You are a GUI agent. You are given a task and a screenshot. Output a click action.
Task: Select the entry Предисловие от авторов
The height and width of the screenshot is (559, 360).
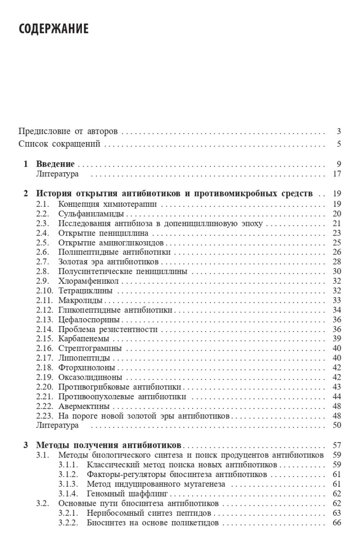[68, 131]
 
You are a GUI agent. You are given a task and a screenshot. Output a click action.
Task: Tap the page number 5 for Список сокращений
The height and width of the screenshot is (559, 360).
[340, 143]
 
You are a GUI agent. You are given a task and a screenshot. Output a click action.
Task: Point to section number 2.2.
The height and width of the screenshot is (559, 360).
[42, 214]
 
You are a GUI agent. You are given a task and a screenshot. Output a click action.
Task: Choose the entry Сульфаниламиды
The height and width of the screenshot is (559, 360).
[91, 214]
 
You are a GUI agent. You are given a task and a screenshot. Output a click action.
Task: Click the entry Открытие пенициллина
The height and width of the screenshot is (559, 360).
[103, 233]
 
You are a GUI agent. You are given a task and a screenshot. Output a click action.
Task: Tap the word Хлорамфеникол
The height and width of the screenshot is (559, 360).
[89, 281]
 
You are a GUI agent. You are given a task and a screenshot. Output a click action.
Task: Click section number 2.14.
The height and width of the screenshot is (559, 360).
[44, 329]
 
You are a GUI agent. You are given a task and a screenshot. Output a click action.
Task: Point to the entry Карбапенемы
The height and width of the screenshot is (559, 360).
[84, 338]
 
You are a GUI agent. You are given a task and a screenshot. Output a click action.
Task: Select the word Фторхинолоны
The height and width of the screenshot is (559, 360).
[87, 367]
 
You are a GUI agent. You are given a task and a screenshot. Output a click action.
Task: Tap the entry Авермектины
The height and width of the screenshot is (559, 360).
[84, 406]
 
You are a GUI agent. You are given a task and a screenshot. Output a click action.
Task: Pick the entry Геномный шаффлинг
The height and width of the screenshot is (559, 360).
[127, 493]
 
